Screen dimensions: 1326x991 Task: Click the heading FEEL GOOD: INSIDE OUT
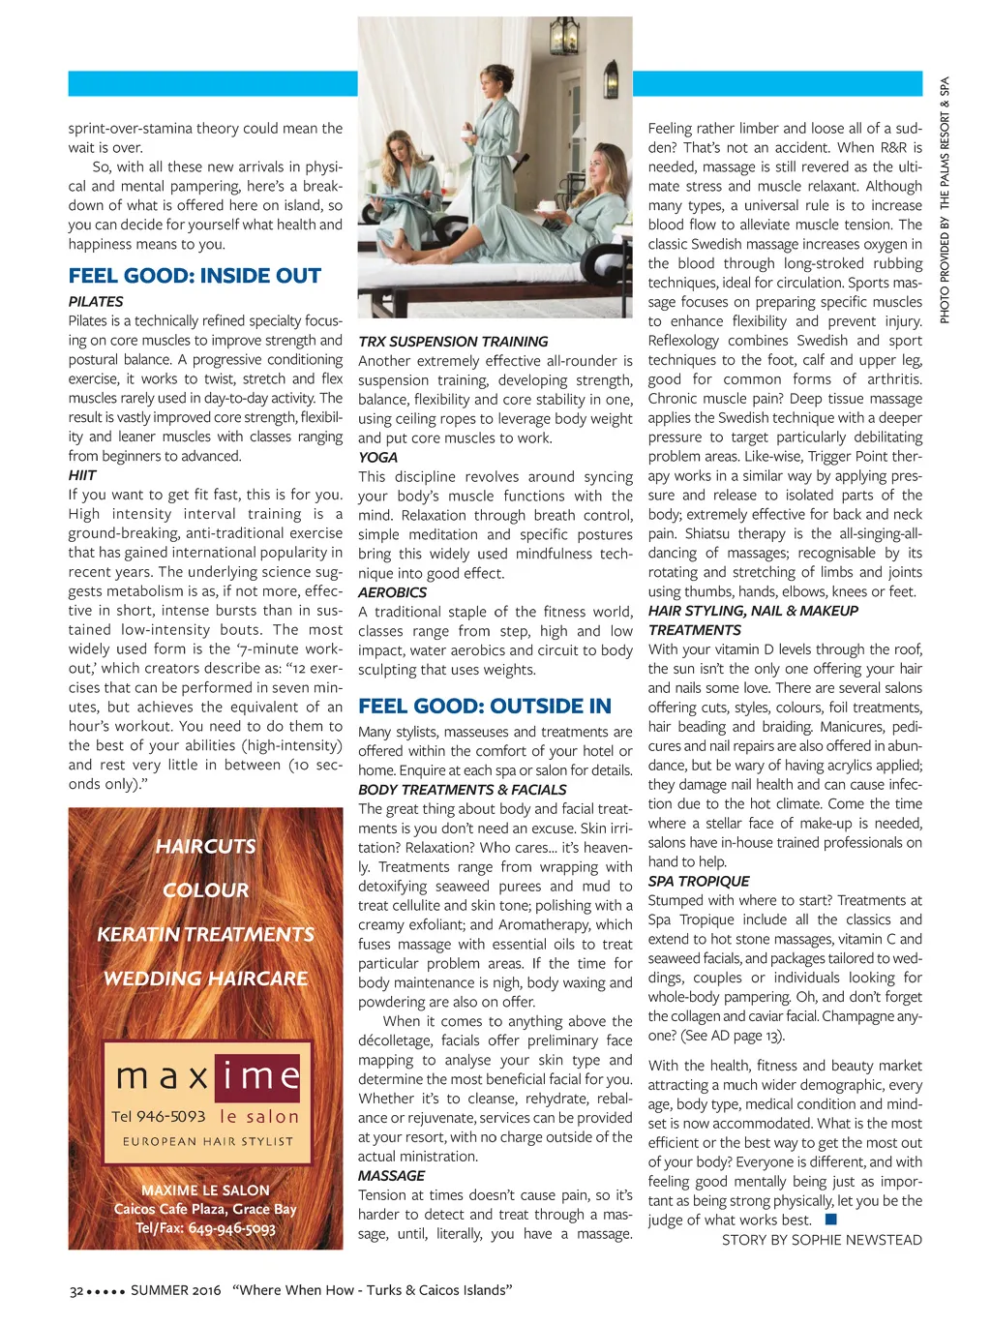pos(195,276)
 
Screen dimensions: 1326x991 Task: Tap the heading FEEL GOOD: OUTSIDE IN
pos(485,707)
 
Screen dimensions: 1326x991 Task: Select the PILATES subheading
pos(96,302)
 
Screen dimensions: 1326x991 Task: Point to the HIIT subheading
pos(82,475)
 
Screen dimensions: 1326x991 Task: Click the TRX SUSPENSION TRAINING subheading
pos(453,342)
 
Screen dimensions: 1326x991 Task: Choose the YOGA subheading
pos(377,457)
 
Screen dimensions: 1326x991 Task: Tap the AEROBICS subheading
pos(392,592)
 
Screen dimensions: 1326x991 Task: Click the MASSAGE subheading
pos(391,1175)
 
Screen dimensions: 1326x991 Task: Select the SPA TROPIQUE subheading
pos(699,881)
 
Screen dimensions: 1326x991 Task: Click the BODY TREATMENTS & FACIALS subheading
pos(462,790)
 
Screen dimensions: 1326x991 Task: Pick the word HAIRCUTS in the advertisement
pos(206,846)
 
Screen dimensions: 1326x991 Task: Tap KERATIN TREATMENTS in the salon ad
pos(205,934)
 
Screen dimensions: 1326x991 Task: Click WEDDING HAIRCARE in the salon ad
pos(205,979)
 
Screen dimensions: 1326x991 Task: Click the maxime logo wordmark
pos(207,1076)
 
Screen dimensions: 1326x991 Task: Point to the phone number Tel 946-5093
pos(159,1116)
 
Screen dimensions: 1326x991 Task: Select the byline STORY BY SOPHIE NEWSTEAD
pos(822,1240)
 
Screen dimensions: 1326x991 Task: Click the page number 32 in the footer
pos(76,1290)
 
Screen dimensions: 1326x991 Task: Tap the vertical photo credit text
pos(945,199)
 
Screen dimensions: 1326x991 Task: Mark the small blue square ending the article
pos(830,1220)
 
